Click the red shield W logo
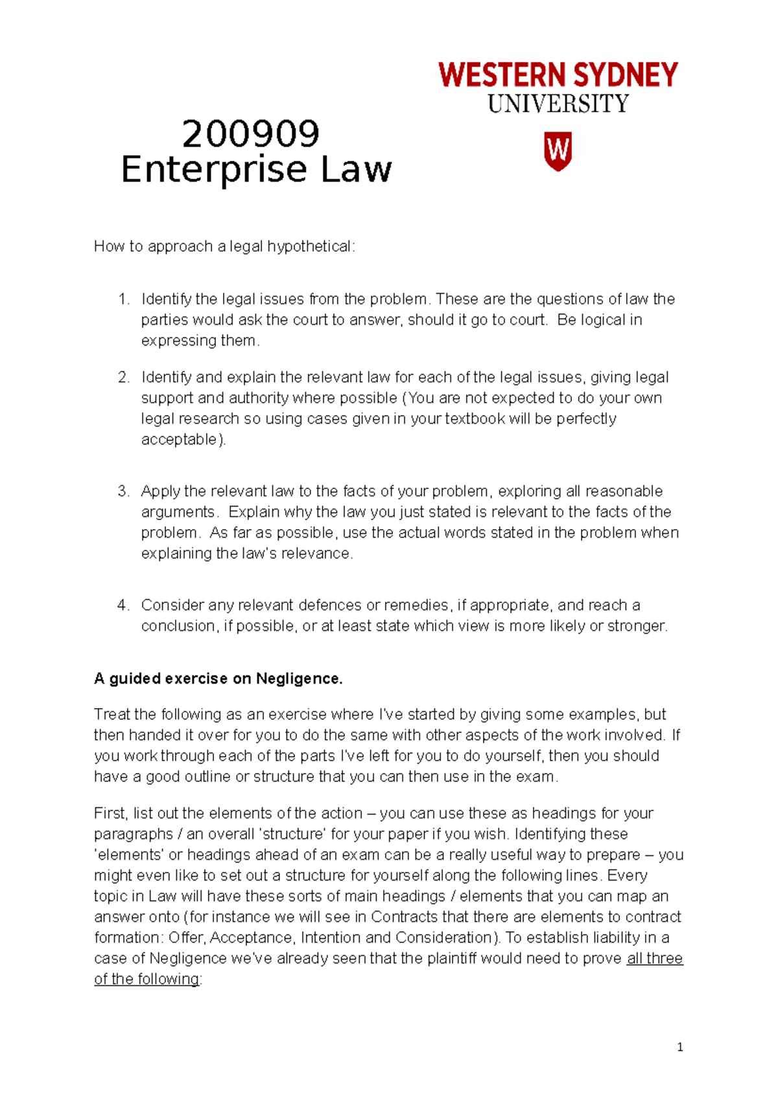click(x=557, y=151)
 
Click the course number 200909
click(x=251, y=134)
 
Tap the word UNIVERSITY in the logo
click(x=558, y=104)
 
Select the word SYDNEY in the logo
click(x=626, y=75)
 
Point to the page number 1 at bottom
click(x=679, y=1047)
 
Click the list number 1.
click(x=123, y=299)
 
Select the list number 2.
click(x=123, y=377)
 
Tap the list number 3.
click(x=123, y=491)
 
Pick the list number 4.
click(x=123, y=605)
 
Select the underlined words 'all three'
click(x=655, y=958)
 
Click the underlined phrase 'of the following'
click(x=147, y=979)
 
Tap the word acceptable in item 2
click(x=180, y=440)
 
